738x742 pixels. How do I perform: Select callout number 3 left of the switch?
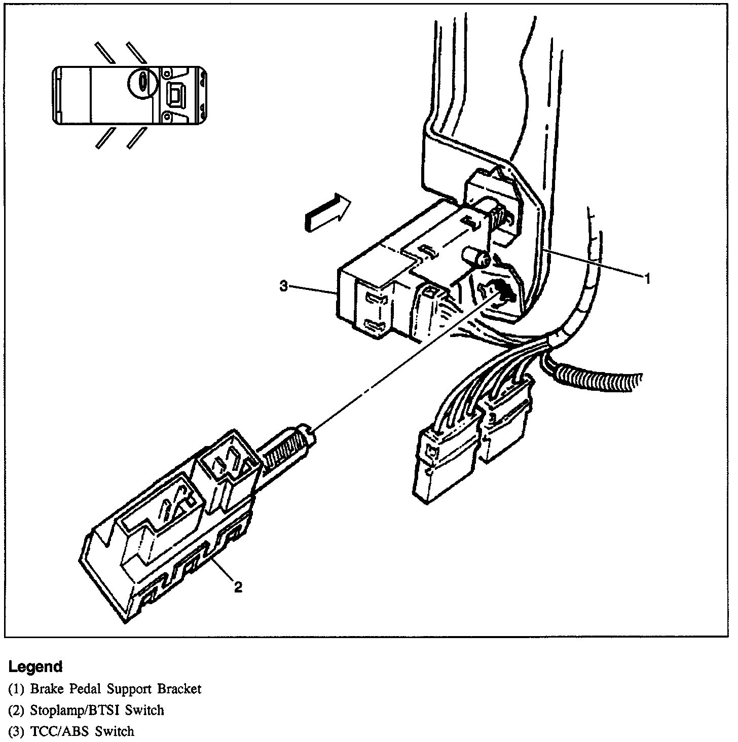tap(284, 287)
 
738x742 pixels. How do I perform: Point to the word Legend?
tap(35, 666)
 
